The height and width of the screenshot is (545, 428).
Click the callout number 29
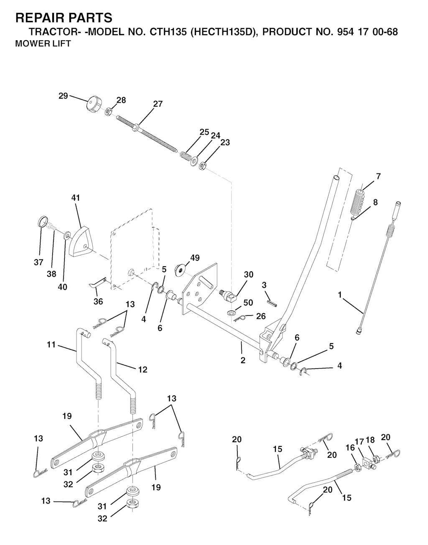coord(63,96)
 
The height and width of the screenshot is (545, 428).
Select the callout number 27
coord(158,104)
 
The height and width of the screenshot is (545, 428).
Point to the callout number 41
coord(76,198)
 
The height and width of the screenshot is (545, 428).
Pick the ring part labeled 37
coord(43,222)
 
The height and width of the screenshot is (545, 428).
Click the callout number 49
coord(195,257)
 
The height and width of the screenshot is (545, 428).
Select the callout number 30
coord(248,275)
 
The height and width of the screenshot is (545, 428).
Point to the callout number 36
coord(98,301)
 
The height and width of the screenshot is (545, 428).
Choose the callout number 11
coord(51,345)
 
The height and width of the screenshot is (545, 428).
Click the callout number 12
coord(143,369)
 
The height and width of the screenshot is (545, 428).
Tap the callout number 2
coord(243,360)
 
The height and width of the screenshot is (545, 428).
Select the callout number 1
coord(340,295)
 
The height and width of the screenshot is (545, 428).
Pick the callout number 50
coord(248,303)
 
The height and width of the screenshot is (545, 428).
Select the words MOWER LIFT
coord(43,43)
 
